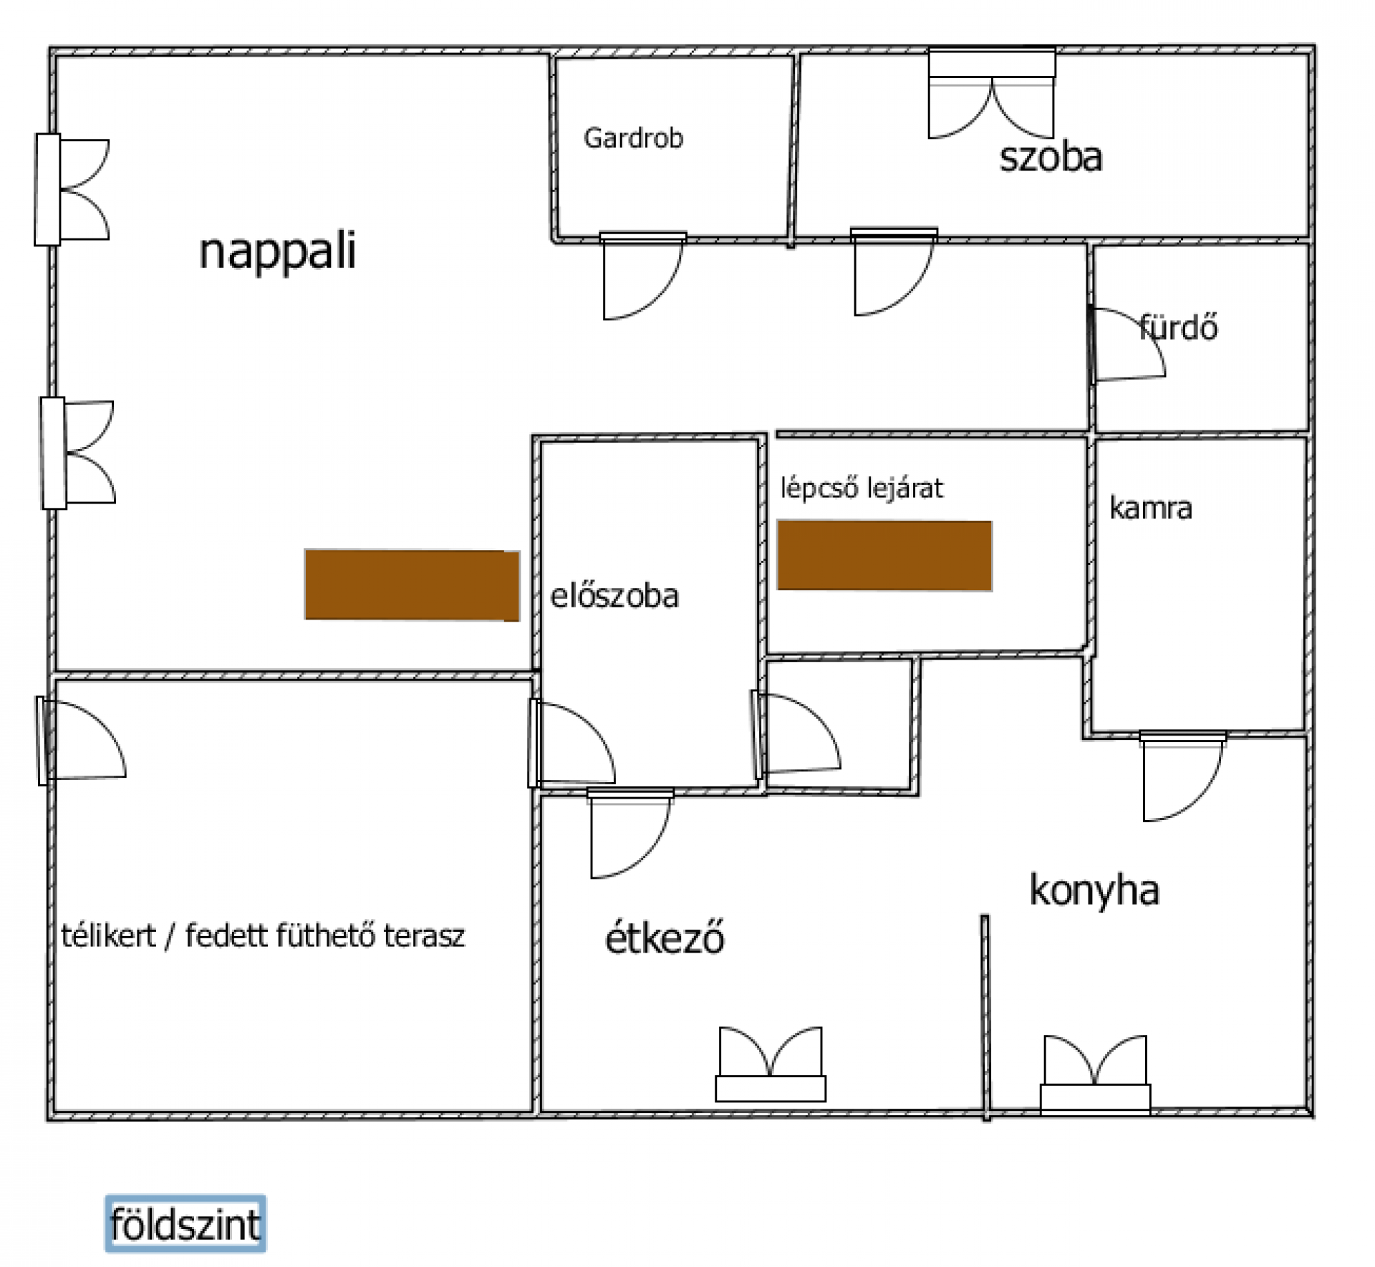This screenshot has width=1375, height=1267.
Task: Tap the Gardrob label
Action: point(634,138)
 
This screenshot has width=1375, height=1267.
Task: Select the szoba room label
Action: point(1051,158)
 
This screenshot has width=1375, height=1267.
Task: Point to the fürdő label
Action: point(1178,327)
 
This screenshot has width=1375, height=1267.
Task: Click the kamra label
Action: point(1151,508)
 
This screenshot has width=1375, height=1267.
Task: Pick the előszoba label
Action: point(614,596)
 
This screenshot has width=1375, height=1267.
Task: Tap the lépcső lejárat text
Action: point(862,488)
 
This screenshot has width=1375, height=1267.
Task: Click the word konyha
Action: point(1094,891)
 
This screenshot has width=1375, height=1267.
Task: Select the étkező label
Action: point(665,938)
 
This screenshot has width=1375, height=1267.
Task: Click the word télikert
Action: point(108,936)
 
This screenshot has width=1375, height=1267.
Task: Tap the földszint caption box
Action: point(185,1224)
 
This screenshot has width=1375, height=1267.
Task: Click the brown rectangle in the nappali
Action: point(412,585)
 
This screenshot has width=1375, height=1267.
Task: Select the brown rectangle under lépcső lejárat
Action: point(884,556)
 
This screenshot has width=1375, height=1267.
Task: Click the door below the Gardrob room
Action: point(642,276)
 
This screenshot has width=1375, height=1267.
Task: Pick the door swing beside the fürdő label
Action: point(1127,345)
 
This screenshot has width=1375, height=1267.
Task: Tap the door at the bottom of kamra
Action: point(1182,776)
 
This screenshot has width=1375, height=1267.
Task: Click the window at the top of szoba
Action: point(992,93)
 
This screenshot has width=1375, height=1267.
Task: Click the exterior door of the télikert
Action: point(81,741)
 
